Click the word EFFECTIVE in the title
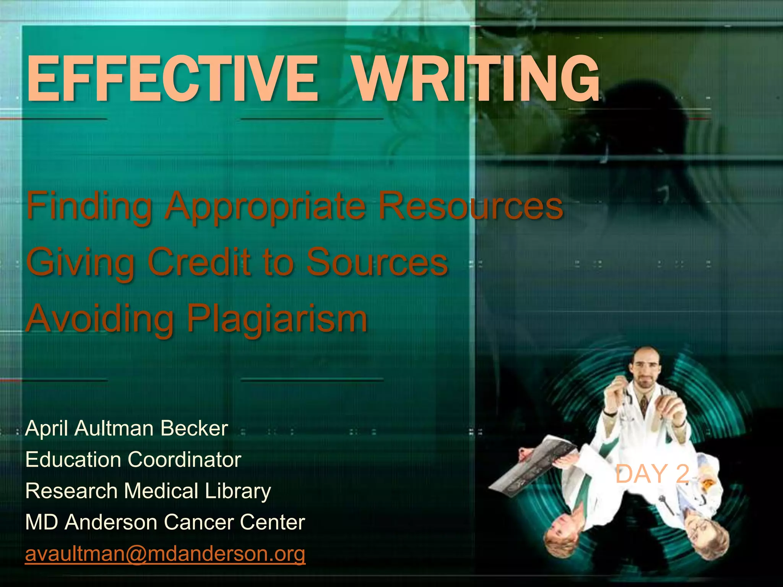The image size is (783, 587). coord(172,79)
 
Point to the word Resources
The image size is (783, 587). coord(470,207)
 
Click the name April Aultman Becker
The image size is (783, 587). coord(127,428)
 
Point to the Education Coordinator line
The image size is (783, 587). coord(133,459)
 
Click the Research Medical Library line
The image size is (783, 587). coord(148,491)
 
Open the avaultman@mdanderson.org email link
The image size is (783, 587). coord(165,554)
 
